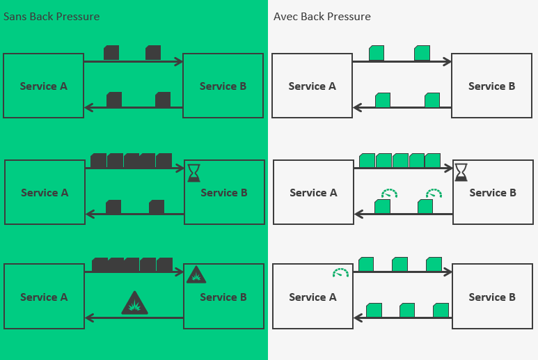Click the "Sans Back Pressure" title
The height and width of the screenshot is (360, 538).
52,16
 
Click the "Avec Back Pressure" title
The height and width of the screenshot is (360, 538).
322,16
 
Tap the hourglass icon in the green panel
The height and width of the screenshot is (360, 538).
193,172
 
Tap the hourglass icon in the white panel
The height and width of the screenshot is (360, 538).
461,172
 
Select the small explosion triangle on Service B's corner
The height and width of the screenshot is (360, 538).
196,275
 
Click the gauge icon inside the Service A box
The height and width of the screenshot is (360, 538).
340,273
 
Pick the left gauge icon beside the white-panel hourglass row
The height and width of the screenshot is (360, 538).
388,192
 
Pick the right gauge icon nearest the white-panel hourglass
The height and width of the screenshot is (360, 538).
434,192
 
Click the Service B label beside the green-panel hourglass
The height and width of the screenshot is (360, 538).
224,193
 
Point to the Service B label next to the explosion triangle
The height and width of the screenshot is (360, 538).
223,297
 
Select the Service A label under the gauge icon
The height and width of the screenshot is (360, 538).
312,297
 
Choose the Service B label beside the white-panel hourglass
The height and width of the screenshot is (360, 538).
493,193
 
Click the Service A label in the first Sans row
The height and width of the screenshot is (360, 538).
44,86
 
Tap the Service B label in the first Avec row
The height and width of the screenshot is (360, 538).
491,86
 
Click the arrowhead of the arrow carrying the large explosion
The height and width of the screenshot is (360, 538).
88,318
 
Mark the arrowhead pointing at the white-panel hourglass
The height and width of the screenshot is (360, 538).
449,168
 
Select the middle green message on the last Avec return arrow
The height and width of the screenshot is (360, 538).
407,310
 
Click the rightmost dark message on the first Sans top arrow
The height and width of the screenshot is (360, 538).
153,53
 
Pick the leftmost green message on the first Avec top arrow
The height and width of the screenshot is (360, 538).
377,53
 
